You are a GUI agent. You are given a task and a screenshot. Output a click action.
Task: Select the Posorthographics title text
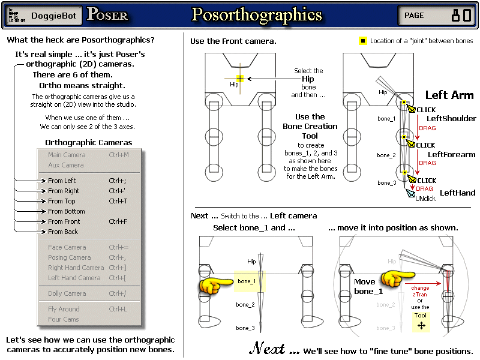tap(256, 15)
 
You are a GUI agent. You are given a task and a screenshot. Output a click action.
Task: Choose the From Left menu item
tap(62, 181)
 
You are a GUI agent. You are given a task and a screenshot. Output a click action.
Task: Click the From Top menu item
tap(62, 201)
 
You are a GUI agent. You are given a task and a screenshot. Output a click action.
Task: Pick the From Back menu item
tap(63, 232)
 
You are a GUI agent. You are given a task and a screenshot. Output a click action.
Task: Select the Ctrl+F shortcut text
tap(118, 221)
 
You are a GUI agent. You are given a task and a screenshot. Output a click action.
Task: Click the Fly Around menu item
tap(64, 309)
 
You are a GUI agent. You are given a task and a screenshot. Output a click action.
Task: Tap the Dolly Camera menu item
tap(67, 293)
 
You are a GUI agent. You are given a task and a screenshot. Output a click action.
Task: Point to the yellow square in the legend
tap(362, 41)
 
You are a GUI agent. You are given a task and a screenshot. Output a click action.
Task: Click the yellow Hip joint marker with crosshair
tap(240, 79)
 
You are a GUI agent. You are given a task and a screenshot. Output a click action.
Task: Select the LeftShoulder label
tap(451, 119)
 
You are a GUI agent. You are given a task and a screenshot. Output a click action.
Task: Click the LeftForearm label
tap(451, 155)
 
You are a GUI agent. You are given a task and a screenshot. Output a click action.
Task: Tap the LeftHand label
tap(457, 193)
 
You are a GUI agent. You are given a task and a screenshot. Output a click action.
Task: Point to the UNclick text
tap(425, 199)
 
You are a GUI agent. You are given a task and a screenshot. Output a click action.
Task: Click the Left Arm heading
tap(449, 95)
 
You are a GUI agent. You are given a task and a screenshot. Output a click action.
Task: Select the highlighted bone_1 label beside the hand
tap(246, 281)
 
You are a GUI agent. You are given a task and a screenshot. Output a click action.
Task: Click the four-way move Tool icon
tap(421, 325)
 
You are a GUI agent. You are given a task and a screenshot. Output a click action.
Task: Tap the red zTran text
tap(419, 294)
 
